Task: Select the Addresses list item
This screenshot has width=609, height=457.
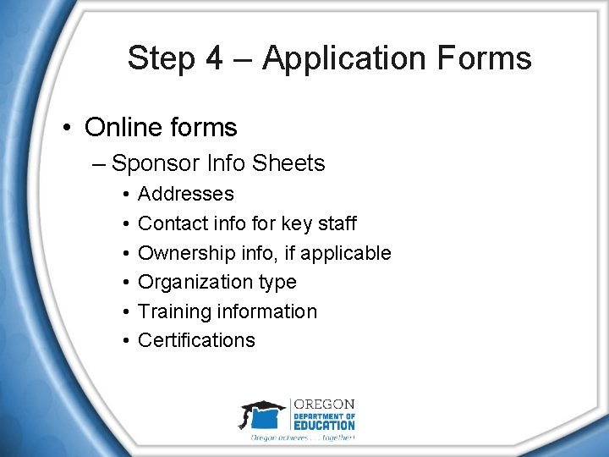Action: (185, 195)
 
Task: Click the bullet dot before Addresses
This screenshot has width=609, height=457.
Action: (123, 195)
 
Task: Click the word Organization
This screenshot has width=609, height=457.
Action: (188, 282)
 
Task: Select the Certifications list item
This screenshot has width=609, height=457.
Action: (196, 340)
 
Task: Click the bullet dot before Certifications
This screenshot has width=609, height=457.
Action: (123, 341)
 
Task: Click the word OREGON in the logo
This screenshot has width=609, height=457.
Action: (323, 405)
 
